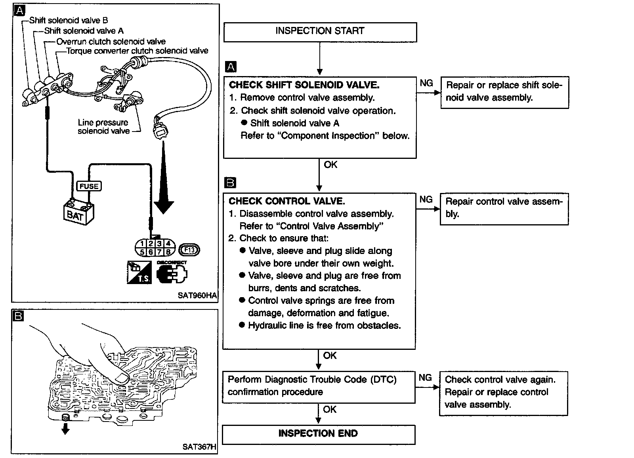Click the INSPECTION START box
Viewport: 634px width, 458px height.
(x=320, y=32)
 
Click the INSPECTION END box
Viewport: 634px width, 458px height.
(x=318, y=434)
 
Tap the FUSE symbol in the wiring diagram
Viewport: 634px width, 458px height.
(x=89, y=186)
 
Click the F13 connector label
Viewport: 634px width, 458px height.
(x=189, y=250)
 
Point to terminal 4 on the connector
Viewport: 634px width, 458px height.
(x=168, y=244)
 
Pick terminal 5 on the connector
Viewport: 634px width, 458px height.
(x=142, y=252)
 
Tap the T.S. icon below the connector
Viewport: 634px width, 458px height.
(x=139, y=273)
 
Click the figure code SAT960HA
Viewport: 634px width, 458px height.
(x=200, y=295)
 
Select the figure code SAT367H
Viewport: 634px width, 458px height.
(x=199, y=447)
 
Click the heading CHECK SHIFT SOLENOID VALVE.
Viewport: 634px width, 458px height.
(x=304, y=85)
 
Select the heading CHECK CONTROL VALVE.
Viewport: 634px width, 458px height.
(x=287, y=201)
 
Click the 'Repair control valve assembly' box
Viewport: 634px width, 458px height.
(x=504, y=208)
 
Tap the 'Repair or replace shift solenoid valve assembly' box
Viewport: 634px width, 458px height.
(x=504, y=92)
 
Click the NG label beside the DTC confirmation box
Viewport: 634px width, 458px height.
(x=425, y=378)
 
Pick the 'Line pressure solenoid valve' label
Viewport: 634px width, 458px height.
(x=103, y=127)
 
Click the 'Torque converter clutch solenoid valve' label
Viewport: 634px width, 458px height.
(x=137, y=51)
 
